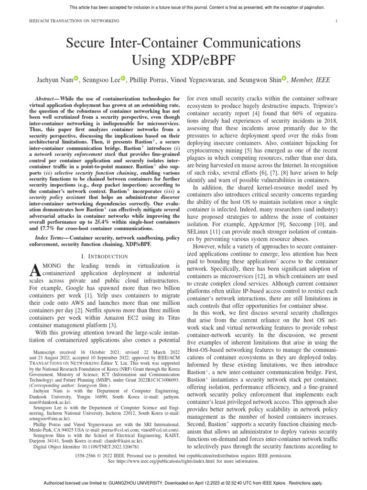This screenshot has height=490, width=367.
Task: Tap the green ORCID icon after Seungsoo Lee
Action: click(123, 79)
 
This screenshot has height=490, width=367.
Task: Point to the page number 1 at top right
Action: click(337, 21)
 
